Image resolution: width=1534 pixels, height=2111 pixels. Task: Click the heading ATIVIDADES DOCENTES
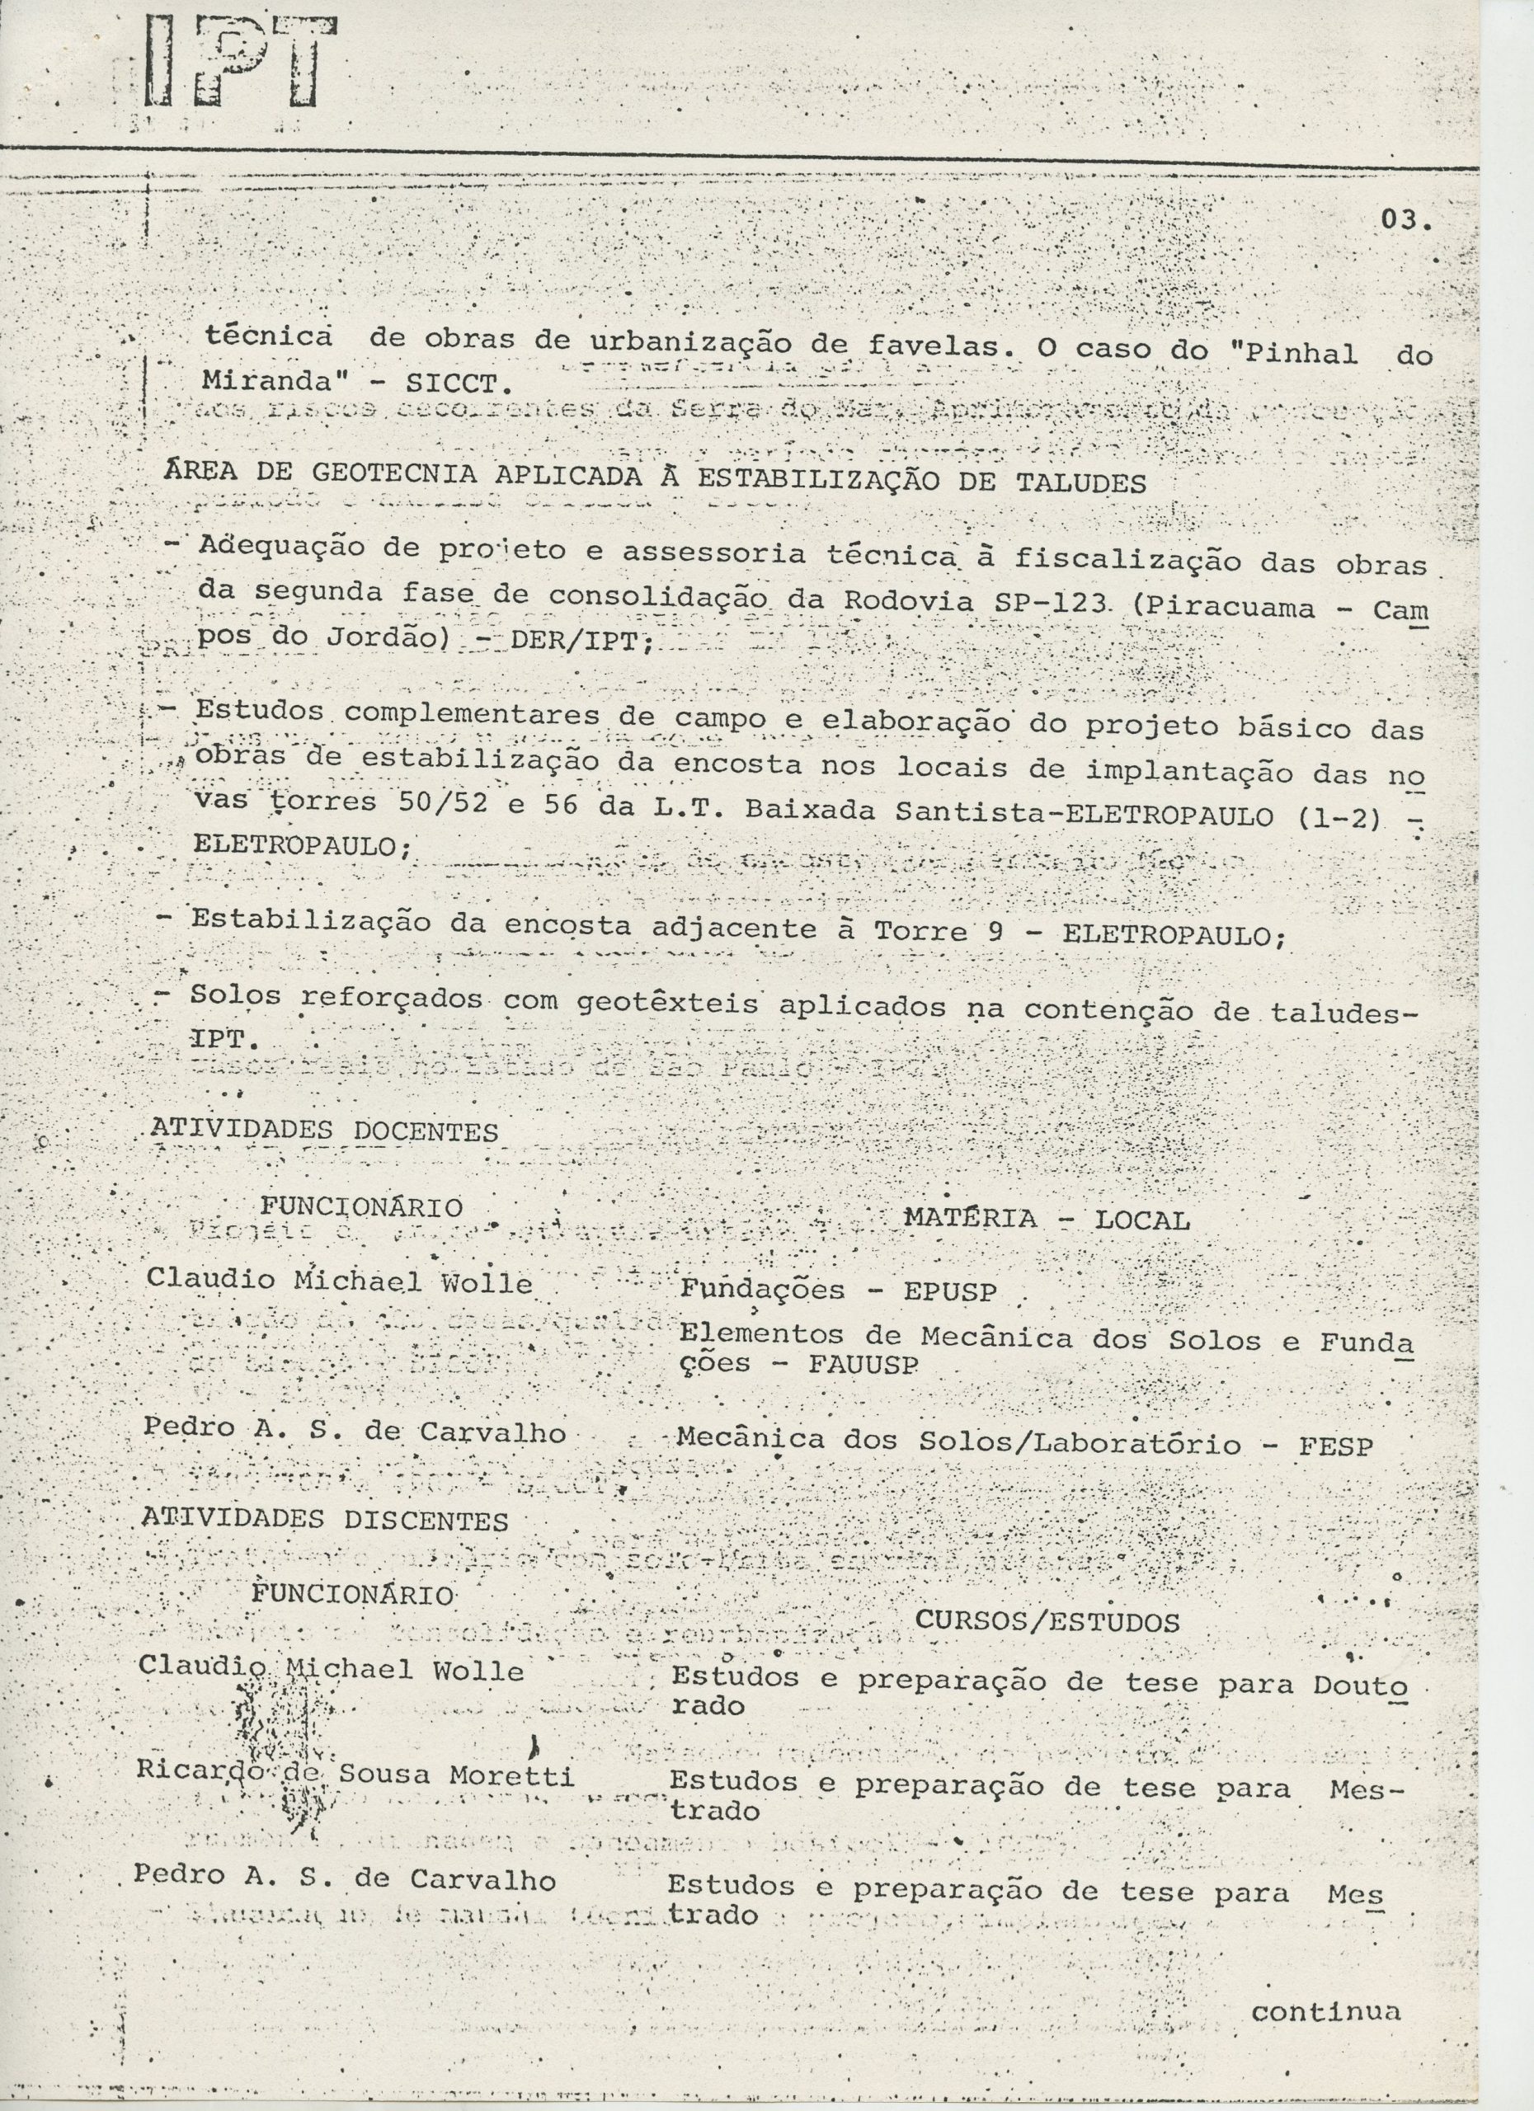324,1131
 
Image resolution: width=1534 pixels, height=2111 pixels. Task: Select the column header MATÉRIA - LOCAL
1047,1220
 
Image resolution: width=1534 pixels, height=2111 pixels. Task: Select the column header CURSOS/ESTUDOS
1047,1622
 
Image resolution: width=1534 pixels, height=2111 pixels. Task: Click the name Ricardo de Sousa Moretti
354,1775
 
